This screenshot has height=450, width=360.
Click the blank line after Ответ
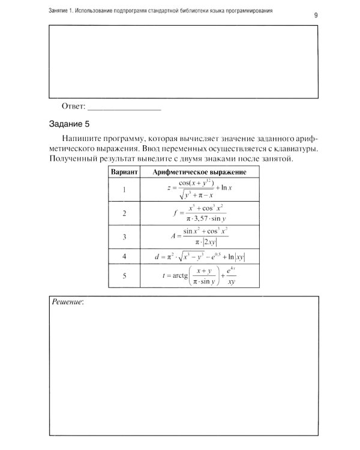tap(125, 108)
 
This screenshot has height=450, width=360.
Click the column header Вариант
tap(124, 172)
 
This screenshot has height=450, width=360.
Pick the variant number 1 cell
tap(124, 190)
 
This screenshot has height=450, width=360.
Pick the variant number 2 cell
tap(124, 213)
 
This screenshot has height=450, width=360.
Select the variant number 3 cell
tap(124, 236)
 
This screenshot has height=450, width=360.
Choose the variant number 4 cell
tap(124, 256)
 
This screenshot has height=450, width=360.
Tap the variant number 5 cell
tap(124, 277)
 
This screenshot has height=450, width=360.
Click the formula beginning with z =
tap(200, 190)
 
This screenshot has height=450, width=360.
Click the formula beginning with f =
tap(200, 213)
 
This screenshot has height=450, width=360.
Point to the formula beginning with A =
tap(200, 236)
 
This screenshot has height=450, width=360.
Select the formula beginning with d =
tap(200, 256)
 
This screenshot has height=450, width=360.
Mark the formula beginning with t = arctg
tap(200, 277)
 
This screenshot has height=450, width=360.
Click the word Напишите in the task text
tap(82, 137)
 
